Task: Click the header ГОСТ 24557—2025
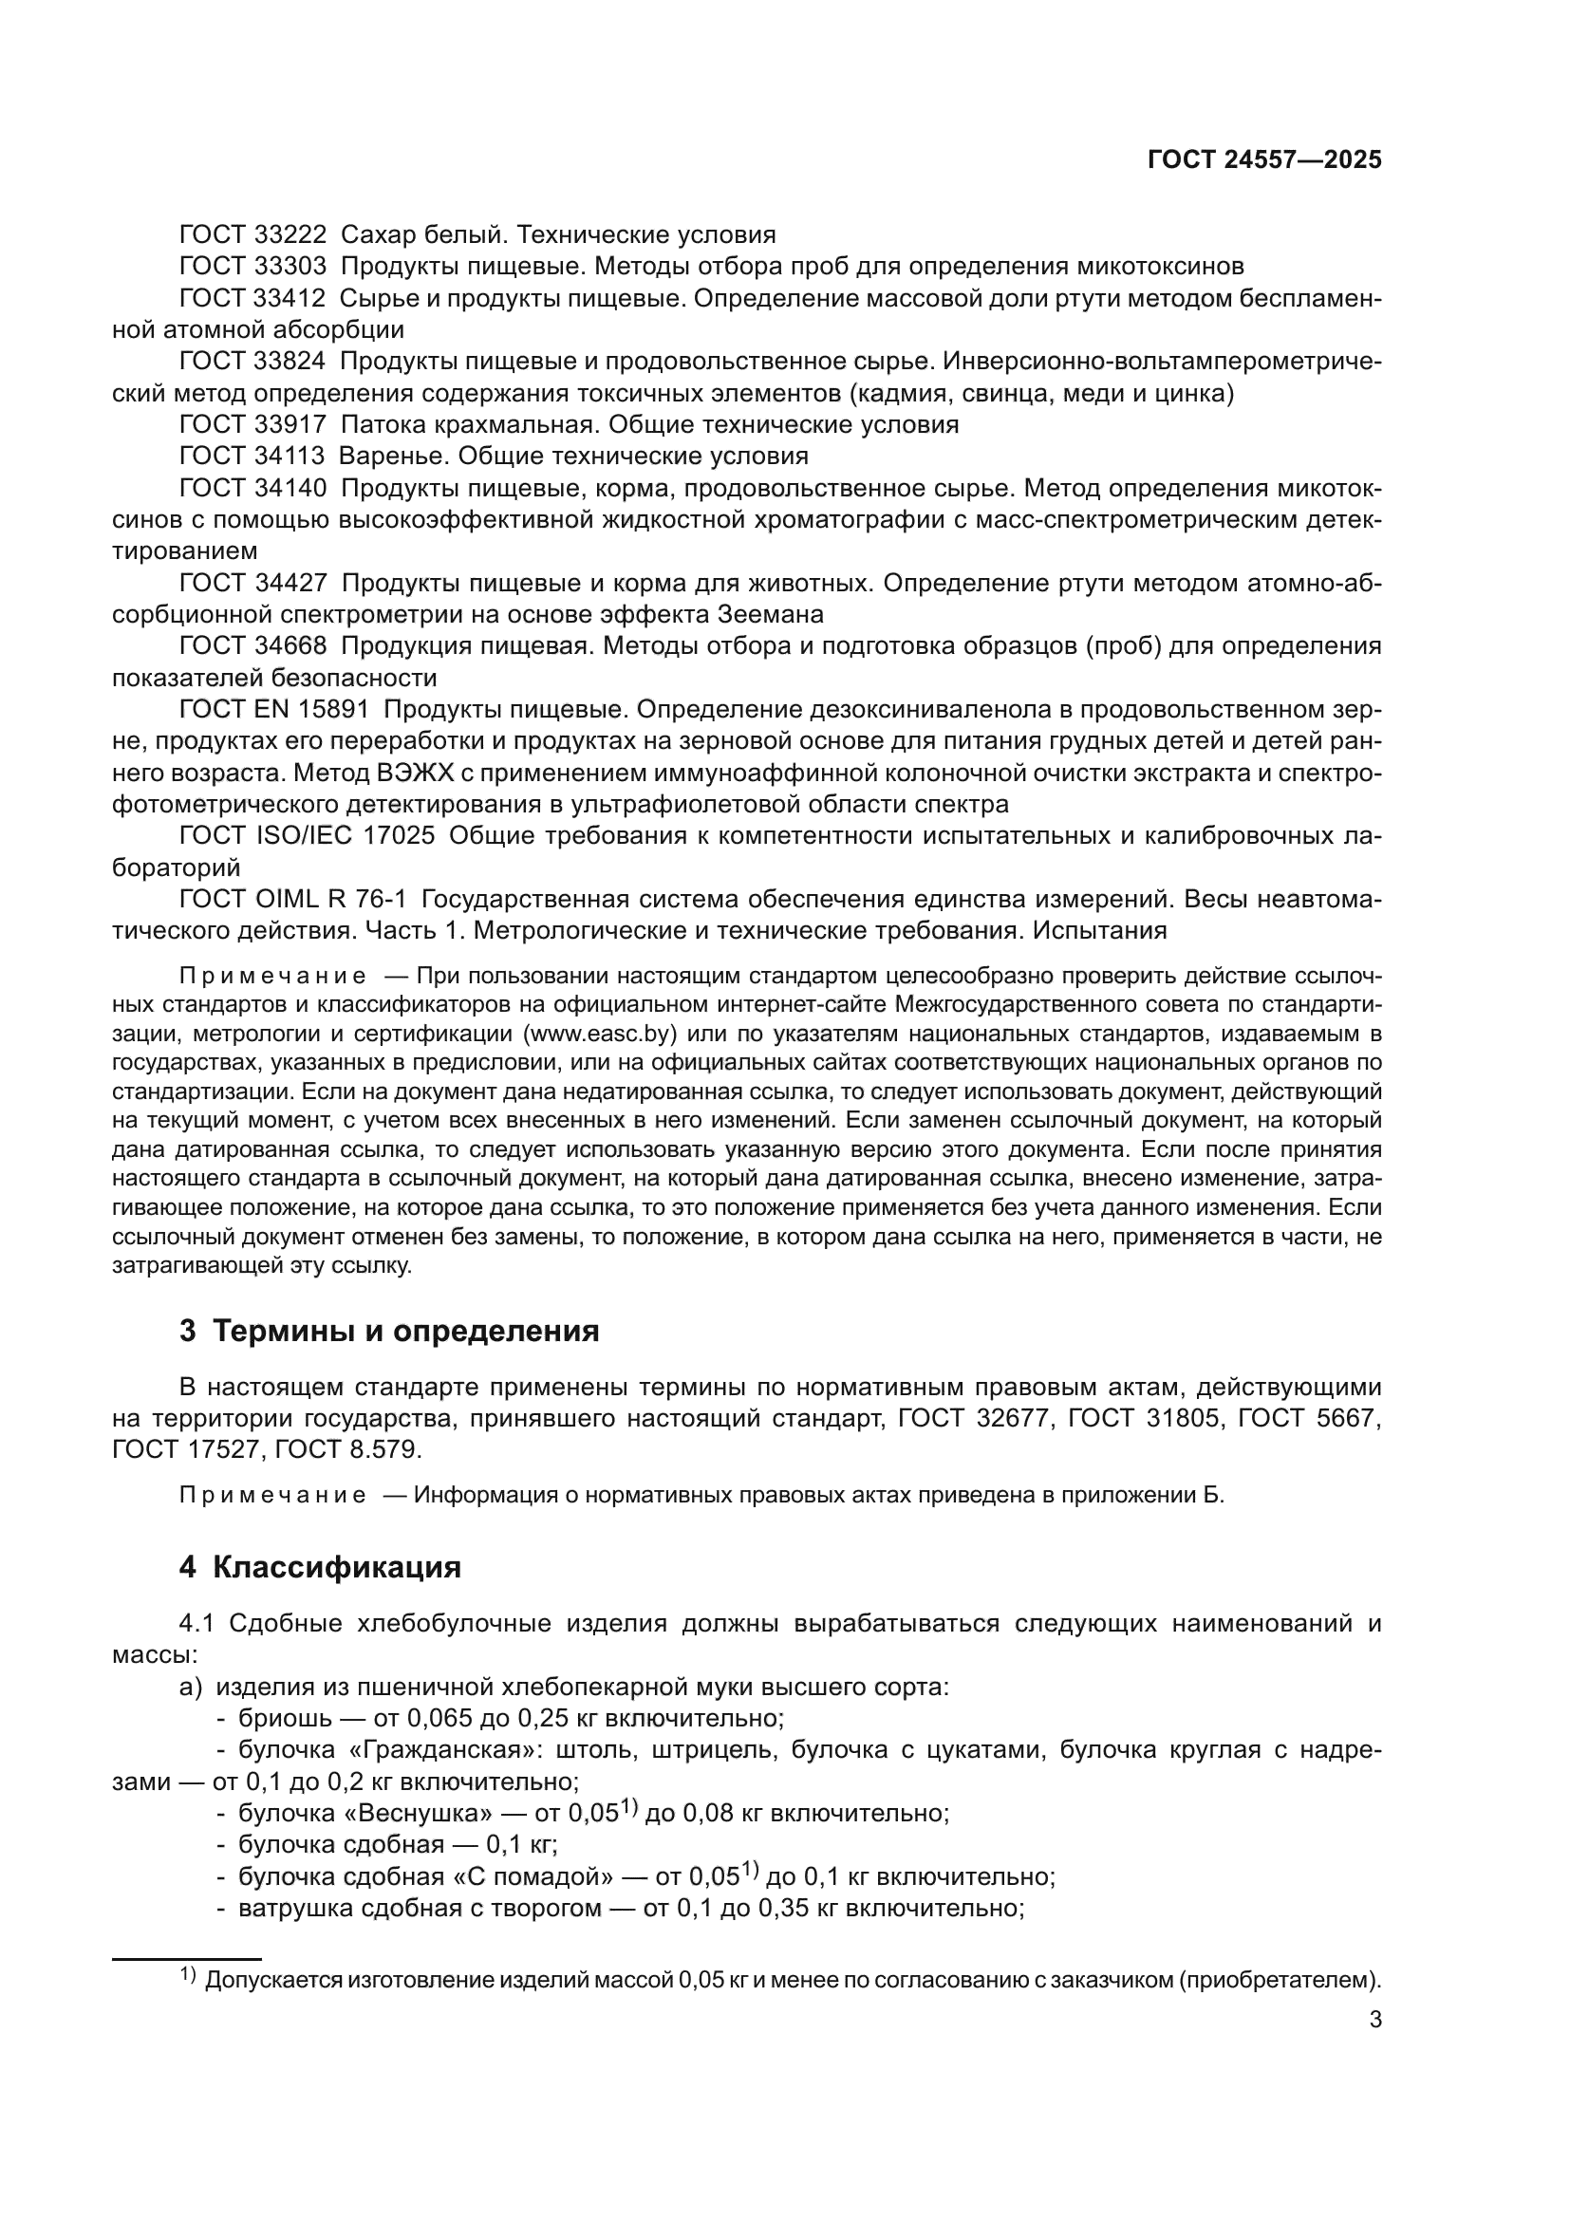[1264, 160]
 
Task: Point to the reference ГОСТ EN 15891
[273, 710]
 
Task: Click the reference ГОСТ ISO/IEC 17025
[307, 835]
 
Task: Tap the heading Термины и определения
[405, 1332]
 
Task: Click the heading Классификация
[335, 1567]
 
